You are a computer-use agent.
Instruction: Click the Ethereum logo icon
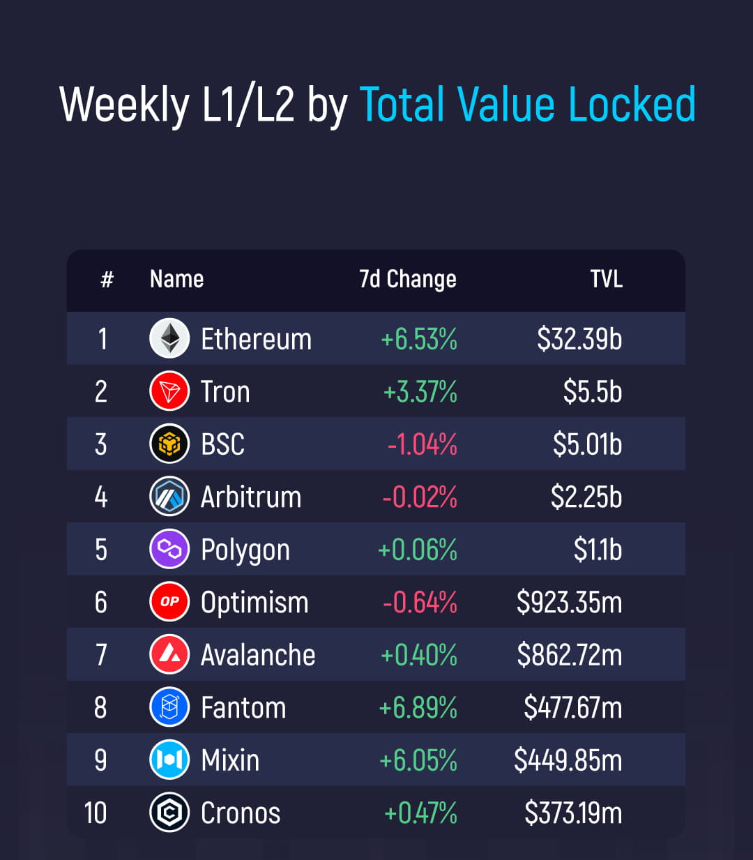[169, 338]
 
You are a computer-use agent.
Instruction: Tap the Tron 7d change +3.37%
[420, 392]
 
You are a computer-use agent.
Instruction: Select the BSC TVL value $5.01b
[587, 444]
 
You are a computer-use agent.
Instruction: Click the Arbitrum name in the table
[251, 497]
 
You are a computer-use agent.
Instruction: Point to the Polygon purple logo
[169, 550]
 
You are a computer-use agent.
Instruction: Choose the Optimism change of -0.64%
[420, 603]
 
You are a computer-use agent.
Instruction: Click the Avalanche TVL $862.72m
[569, 655]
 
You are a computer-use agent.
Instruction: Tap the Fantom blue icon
[169, 707]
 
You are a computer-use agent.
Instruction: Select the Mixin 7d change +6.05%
[418, 760]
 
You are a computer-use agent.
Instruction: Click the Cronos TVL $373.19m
[573, 813]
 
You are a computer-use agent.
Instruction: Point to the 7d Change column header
[407, 279]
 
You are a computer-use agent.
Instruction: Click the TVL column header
[606, 279]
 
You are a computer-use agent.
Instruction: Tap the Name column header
[176, 279]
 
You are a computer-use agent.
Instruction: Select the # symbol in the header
[107, 280]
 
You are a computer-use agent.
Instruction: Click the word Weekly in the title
[124, 105]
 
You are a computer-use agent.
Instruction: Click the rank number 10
[96, 813]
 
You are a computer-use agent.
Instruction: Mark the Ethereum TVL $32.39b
[579, 339]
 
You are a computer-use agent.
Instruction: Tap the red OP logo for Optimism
[169, 602]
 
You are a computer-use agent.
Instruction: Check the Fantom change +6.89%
[418, 708]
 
